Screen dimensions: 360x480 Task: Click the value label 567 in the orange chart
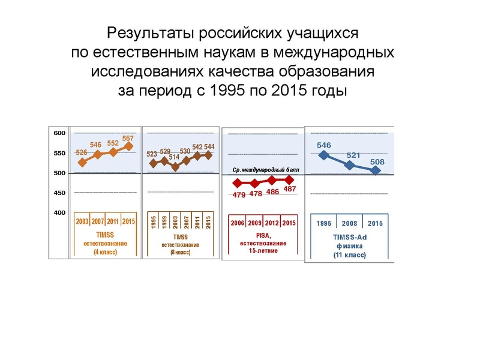(x=128, y=139)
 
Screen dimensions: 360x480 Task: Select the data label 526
(x=82, y=153)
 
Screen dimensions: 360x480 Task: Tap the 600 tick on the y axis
(x=58, y=133)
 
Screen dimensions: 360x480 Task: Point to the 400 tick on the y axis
(x=58, y=213)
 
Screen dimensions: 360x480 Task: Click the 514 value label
(x=175, y=157)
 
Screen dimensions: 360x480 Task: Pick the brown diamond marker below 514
(x=175, y=167)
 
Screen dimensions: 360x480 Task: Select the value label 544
(x=209, y=147)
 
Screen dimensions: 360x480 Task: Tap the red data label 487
(x=290, y=190)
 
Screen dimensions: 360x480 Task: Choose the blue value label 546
(x=324, y=145)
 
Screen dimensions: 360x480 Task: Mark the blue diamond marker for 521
(x=350, y=165)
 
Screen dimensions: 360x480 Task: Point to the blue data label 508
(x=377, y=162)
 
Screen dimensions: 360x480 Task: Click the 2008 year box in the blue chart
(x=349, y=224)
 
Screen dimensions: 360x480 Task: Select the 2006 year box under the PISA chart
(x=238, y=223)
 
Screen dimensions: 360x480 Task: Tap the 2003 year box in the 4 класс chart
(x=82, y=222)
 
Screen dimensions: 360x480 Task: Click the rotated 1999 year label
(x=164, y=222)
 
